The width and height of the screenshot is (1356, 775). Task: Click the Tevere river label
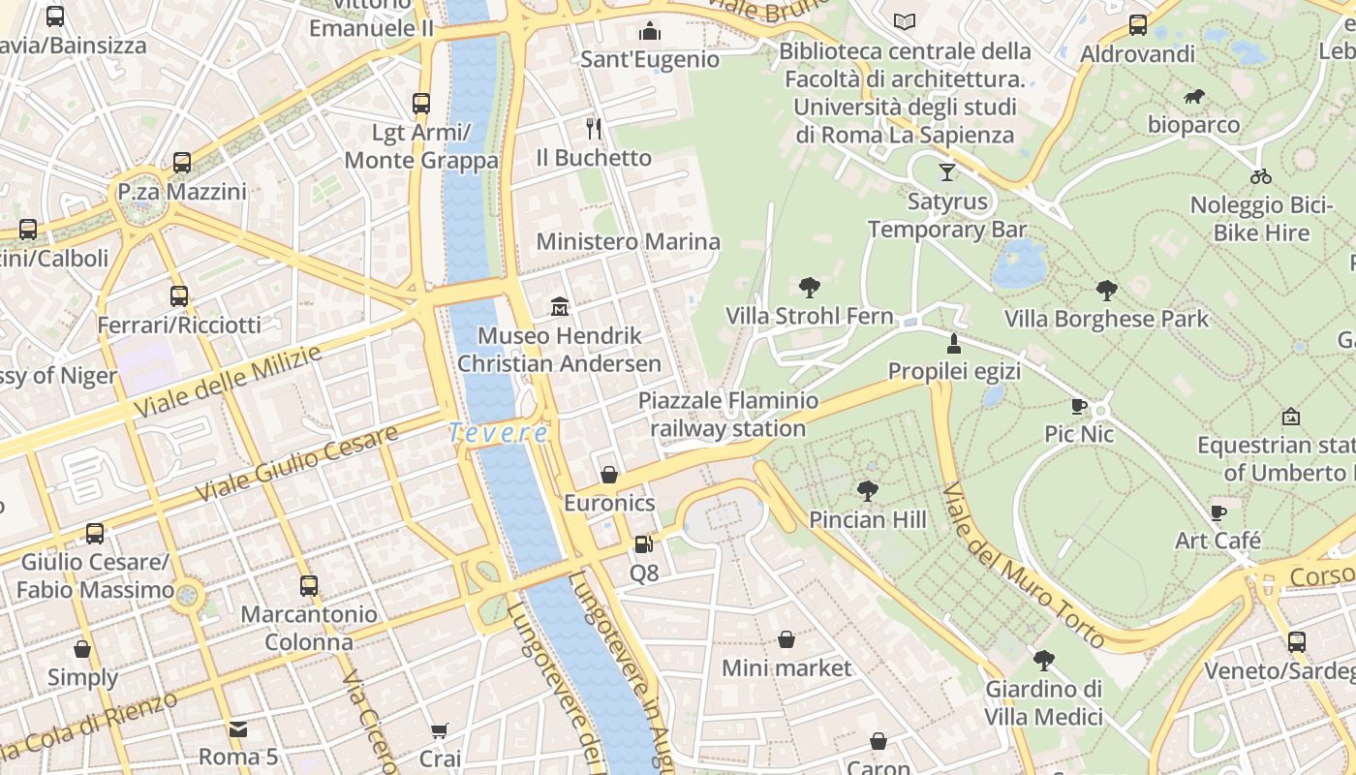pos(499,433)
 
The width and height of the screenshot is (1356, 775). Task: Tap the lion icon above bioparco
pos(1194,97)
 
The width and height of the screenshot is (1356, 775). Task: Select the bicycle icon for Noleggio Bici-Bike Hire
pos(1260,176)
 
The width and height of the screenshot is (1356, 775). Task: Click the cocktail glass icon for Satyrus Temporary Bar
pos(947,172)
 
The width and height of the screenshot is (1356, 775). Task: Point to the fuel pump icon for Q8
pos(643,544)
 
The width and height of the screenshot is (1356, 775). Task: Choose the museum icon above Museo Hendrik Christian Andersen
pos(560,307)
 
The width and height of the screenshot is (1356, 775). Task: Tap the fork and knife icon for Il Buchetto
pos(594,128)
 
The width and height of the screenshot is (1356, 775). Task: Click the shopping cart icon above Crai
pos(440,730)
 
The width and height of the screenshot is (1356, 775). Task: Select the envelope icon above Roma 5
pos(238,728)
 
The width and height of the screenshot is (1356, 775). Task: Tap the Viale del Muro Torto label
pos(1023,565)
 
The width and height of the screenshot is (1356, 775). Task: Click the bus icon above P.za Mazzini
pos(182,163)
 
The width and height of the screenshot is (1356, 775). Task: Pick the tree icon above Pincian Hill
pos(868,491)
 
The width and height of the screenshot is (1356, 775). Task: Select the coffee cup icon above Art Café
pos(1218,511)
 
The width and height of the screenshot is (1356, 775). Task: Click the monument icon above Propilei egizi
pos(954,343)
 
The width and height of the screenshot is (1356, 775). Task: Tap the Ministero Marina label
pos(629,241)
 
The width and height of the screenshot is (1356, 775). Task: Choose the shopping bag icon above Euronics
pos(609,475)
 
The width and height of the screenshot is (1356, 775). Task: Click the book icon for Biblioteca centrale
pos(905,21)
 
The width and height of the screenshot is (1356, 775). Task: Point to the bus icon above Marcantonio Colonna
pos(309,586)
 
